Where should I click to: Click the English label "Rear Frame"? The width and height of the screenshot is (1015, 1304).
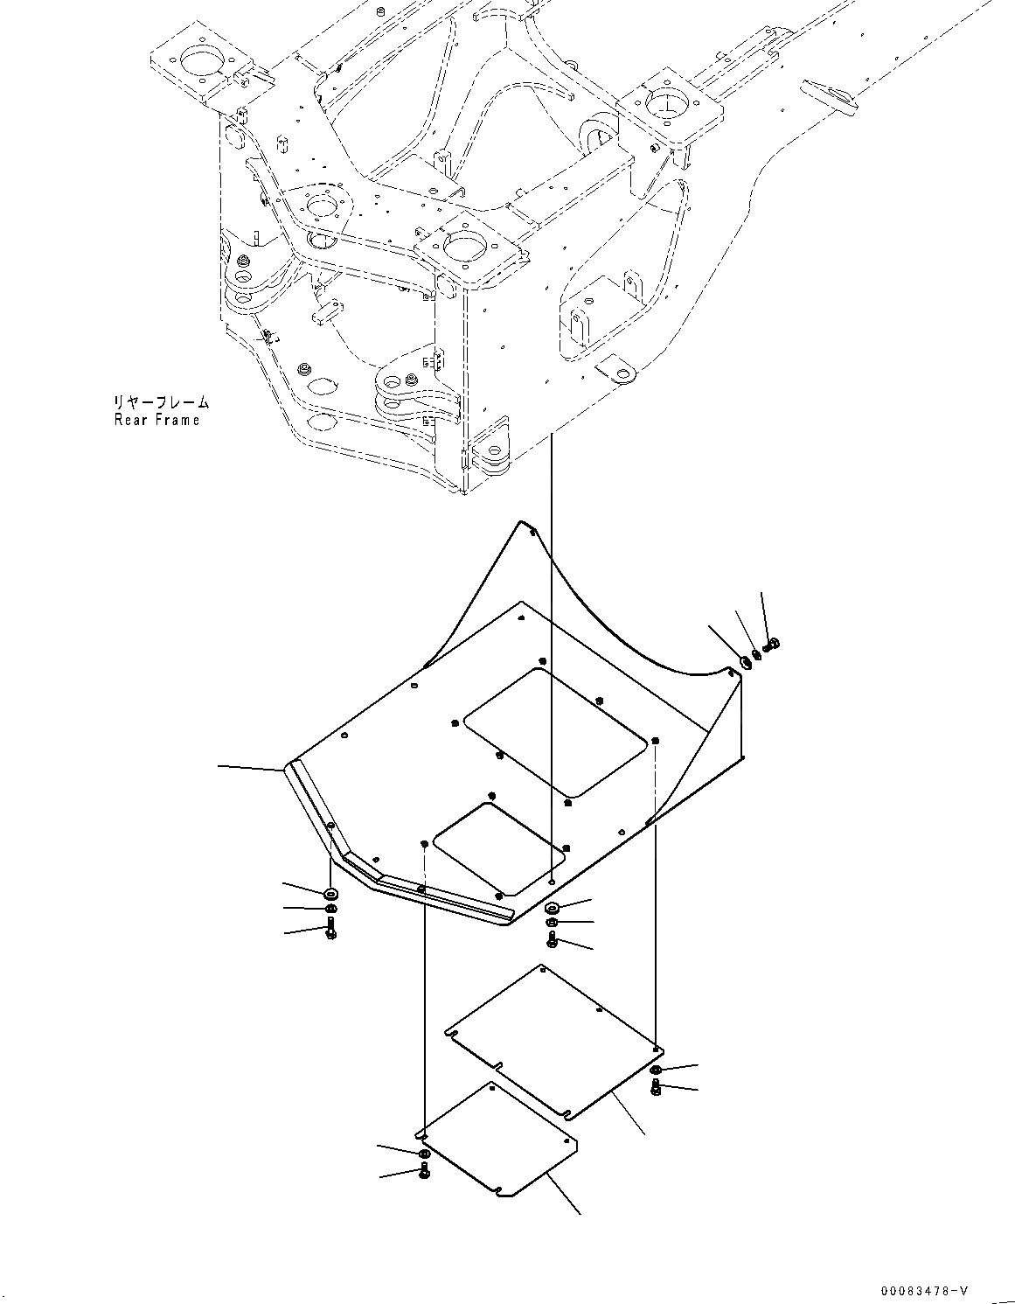pos(156,420)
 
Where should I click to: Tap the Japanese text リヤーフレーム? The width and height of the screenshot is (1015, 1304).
pos(160,402)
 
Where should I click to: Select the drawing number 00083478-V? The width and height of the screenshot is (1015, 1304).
pos(924,1290)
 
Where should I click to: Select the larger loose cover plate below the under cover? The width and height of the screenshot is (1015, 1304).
pos(553,1041)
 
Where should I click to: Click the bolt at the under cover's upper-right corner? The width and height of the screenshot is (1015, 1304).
pos(771,645)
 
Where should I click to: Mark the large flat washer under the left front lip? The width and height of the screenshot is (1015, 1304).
pos(330,894)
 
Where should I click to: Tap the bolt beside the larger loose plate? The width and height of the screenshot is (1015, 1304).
pos(657,1087)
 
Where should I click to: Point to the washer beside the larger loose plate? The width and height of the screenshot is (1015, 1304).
pos(657,1070)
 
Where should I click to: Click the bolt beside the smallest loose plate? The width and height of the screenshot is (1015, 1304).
pos(424,1169)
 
